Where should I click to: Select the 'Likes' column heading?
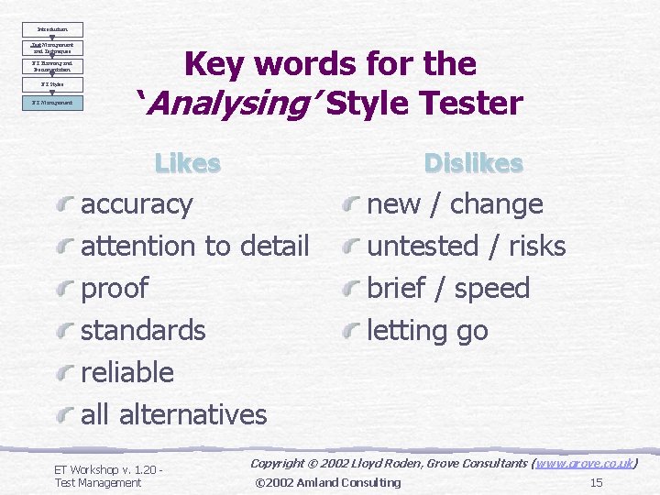pyautogui.click(x=188, y=163)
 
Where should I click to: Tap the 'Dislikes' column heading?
pyautogui.click(x=473, y=163)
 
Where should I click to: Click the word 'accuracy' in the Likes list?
pyautogui.click(x=137, y=204)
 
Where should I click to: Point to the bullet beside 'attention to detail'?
pyautogui.click(x=65, y=247)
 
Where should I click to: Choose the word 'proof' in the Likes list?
pyautogui.click(x=115, y=289)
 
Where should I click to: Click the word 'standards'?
pyautogui.click(x=143, y=330)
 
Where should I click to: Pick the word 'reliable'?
pyautogui.click(x=127, y=372)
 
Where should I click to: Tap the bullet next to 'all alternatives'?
pyautogui.click(x=65, y=415)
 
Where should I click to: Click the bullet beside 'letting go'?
pyautogui.click(x=351, y=331)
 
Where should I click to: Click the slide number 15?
pyautogui.click(x=596, y=482)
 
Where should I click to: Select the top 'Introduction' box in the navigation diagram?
pyautogui.click(x=51, y=29)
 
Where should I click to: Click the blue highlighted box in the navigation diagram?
pyautogui.click(x=51, y=103)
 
